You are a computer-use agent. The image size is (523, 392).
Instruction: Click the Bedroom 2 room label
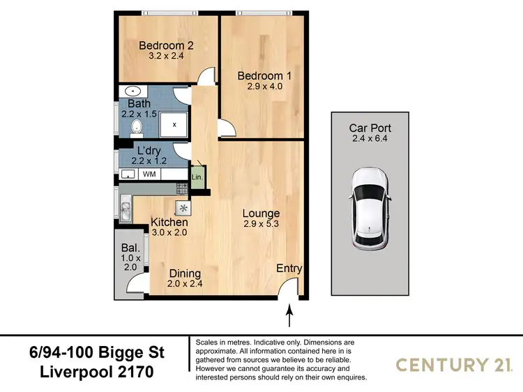[166, 46]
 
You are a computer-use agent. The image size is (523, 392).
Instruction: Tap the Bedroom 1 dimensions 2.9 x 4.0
[261, 88]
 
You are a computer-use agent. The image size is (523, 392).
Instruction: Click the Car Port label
[370, 128]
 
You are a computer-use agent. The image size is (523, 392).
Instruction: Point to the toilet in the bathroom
[137, 128]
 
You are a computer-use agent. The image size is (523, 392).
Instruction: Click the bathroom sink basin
[132, 92]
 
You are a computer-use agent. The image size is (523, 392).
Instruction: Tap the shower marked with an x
[174, 125]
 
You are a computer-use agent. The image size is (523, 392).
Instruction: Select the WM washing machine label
[149, 174]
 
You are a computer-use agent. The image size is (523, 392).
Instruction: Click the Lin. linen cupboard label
[197, 177]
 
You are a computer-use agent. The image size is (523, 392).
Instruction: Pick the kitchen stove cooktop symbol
[183, 208]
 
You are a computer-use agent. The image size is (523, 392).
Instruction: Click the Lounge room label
[261, 213]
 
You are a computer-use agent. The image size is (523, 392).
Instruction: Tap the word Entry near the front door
[289, 269]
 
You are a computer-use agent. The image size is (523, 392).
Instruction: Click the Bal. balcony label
[130, 248]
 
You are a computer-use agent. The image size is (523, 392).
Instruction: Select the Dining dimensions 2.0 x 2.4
[184, 284]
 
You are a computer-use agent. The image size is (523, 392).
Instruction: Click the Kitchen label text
[169, 223]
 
